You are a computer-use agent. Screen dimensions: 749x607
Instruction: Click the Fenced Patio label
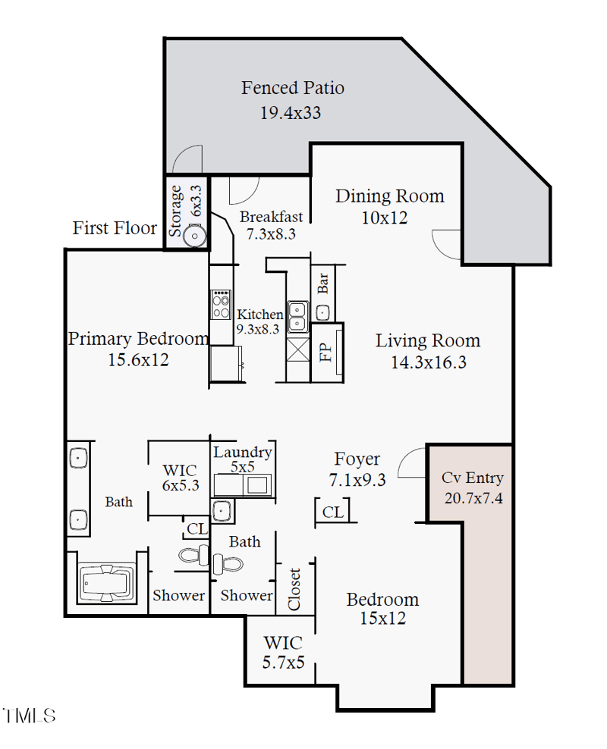pyautogui.click(x=292, y=88)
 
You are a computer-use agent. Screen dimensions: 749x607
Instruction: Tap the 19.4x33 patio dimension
pyautogui.click(x=290, y=113)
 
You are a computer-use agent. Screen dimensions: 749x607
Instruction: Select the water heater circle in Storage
pyautogui.click(x=197, y=236)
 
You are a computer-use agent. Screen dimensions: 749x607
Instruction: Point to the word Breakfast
pyautogui.click(x=271, y=217)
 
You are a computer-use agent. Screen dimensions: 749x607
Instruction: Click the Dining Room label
pyautogui.click(x=389, y=196)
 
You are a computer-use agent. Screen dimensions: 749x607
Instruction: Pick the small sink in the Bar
pyautogui.click(x=323, y=311)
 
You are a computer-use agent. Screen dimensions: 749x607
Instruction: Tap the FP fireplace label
pyautogui.click(x=326, y=353)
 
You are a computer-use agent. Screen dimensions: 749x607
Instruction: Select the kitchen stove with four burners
pyautogui.click(x=221, y=304)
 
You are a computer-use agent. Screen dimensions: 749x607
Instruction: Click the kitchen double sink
pyautogui.click(x=297, y=315)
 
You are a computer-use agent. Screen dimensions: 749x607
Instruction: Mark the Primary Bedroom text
pyautogui.click(x=138, y=339)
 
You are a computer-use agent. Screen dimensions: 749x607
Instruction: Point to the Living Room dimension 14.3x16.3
pyautogui.click(x=428, y=362)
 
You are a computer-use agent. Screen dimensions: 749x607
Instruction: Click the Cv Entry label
pyautogui.click(x=472, y=478)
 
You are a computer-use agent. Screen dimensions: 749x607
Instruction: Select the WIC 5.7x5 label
pyautogui.click(x=283, y=652)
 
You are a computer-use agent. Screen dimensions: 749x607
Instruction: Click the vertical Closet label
pyautogui.click(x=294, y=589)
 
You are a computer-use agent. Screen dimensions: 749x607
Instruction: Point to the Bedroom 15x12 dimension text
pyautogui.click(x=382, y=619)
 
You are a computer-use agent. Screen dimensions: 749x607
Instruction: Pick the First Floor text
pyautogui.click(x=115, y=227)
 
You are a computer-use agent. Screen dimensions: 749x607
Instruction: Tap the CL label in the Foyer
pyautogui.click(x=332, y=512)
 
